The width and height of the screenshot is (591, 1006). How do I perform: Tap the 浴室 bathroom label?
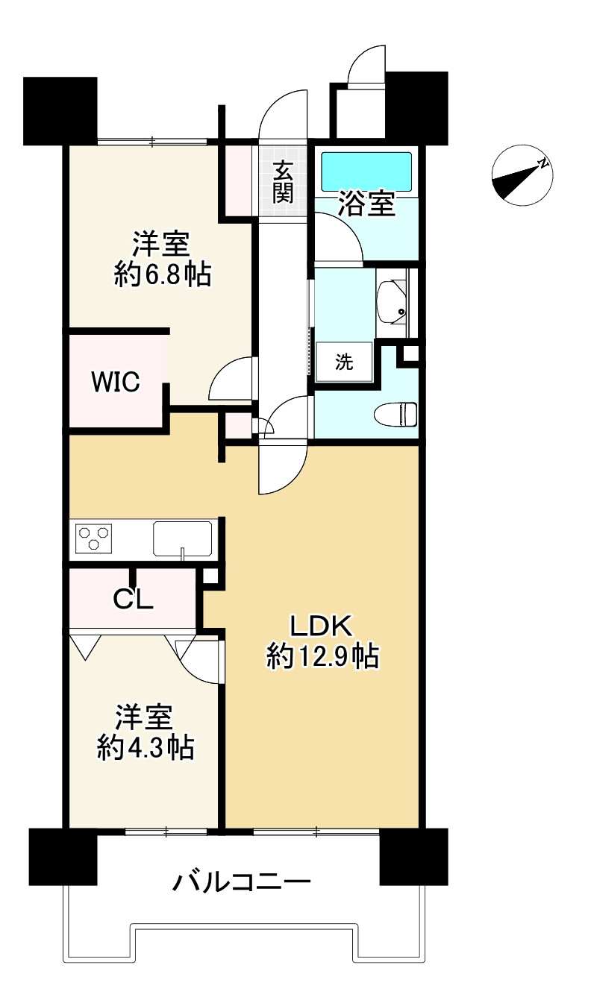366,204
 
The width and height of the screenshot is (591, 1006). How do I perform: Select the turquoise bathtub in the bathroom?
366,172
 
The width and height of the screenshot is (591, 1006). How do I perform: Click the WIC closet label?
116,382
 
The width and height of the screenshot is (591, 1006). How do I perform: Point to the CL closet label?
133,598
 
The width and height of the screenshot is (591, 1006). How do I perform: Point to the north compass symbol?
522,175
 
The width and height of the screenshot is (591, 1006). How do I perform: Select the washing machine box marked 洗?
344,362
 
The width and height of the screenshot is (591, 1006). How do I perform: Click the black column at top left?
60,111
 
